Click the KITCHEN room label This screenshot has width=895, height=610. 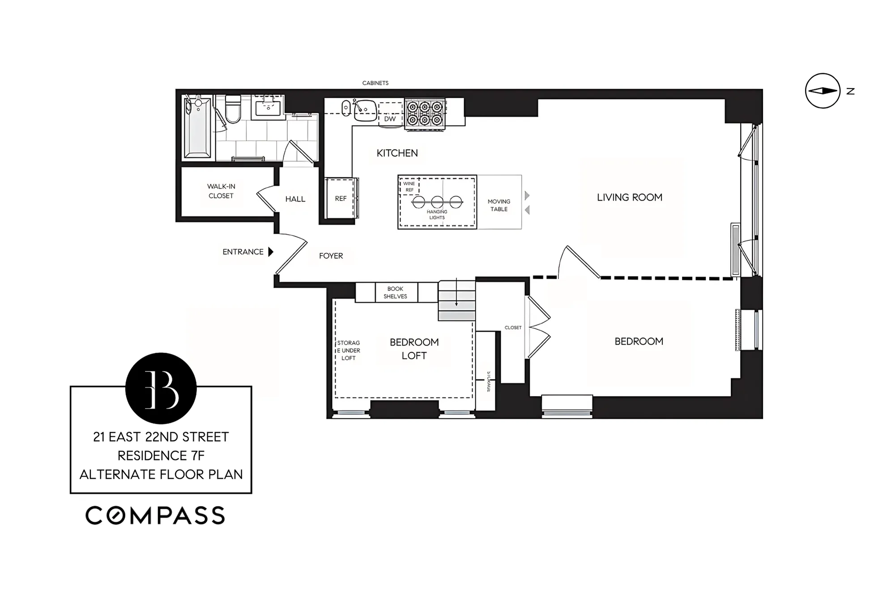397,153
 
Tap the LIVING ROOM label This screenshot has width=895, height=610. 629,197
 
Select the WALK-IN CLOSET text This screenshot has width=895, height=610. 221,191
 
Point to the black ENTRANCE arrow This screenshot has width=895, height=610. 271,252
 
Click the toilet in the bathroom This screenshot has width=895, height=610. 233,109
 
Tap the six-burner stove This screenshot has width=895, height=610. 425,114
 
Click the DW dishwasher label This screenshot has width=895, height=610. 390,119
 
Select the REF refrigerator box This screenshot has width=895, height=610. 341,198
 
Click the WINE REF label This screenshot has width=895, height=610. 409,187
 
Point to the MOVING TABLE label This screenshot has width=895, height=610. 499,205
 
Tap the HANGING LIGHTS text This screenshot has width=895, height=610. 437,214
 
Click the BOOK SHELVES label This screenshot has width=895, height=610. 395,293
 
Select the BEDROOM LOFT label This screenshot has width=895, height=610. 414,349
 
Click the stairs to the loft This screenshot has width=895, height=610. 456,300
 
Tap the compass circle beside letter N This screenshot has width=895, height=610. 823,91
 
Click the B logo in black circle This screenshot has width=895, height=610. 161,388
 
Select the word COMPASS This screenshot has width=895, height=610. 155,516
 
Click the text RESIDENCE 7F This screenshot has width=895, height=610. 161,456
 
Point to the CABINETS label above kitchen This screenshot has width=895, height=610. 375,83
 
